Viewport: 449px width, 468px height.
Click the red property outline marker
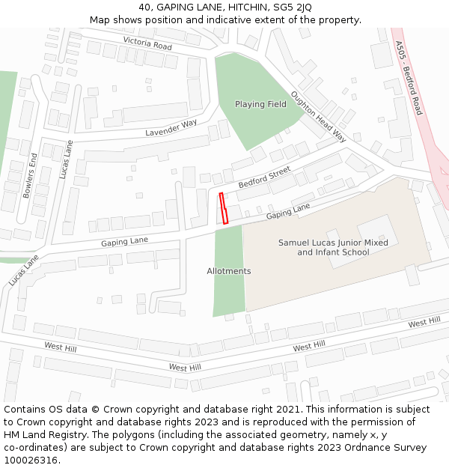222,208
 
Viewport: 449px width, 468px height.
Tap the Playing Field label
260,104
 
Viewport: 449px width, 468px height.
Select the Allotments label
229,271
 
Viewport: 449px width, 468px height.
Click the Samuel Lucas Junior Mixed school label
333,247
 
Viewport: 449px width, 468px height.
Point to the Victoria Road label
147,44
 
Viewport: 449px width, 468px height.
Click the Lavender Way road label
172,127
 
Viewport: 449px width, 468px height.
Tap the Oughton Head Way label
319,117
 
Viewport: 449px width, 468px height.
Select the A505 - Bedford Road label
409,78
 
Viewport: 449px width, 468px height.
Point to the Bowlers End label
30,176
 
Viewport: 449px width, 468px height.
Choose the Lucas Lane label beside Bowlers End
66,159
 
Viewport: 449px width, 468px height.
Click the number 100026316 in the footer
30,460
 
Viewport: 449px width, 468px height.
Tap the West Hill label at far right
424,322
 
